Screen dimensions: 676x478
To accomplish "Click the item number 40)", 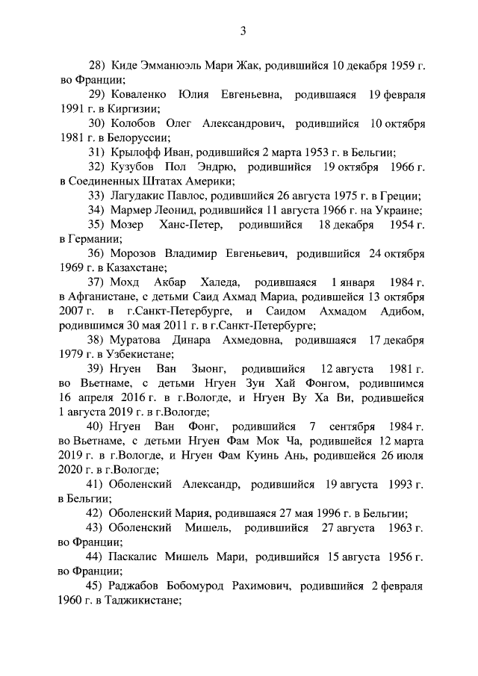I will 96,427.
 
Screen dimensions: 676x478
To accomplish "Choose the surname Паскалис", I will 134,557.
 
